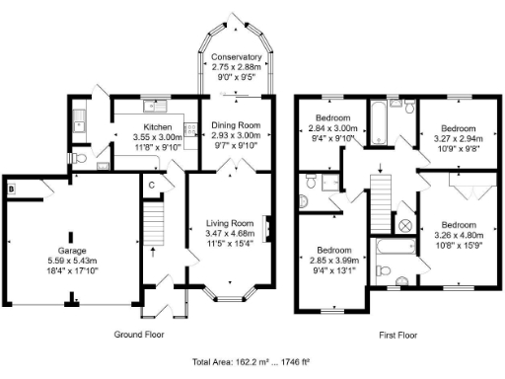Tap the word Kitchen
159,128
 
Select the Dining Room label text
236,125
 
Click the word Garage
70,251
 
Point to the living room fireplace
268,230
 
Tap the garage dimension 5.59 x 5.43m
70,261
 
